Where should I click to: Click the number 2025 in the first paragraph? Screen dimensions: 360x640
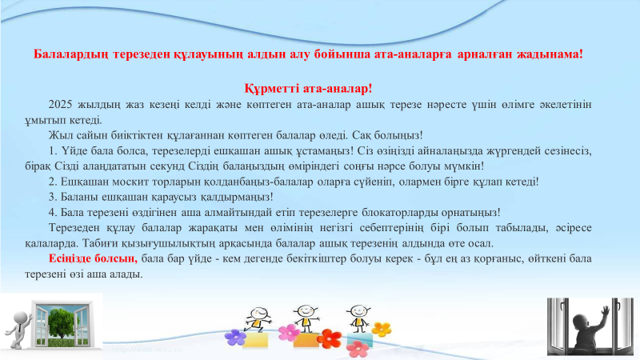tap(61, 104)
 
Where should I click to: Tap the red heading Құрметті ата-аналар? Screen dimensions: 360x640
tap(308, 89)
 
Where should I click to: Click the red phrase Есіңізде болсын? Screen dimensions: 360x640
tap(93, 258)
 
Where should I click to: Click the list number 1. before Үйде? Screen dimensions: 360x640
tap(53, 150)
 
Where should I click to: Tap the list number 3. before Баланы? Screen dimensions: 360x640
tap(53, 196)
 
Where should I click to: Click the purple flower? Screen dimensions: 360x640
tap(234, 336)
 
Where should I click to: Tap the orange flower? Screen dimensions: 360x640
tap(382, 329)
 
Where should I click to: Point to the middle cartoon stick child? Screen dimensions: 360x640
tap(305, 314)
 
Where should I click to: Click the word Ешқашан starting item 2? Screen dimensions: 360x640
tap(78, 181)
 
